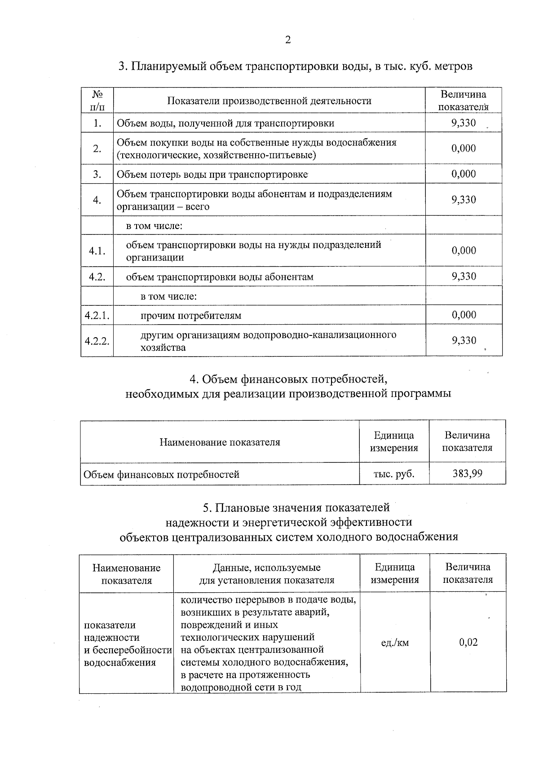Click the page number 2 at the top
click(x=288, y=40)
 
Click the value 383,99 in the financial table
click(x=467, y=473)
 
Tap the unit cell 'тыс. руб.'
click(x=394, y=474)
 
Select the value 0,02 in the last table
click(x=468, y=642)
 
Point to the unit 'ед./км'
click(x=395, y=643)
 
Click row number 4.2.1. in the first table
click(x=97, y=315)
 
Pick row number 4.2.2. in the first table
click(x=97, y=341)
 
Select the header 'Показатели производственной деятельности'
click(x=269, y=101)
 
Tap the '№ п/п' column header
click(x=97, y=101)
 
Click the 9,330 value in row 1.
click(x=464, y=123)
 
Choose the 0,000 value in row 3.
click(x=464, y=174)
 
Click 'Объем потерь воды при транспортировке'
click(x=212, y=175)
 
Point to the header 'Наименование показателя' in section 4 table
click(x=220, y=442)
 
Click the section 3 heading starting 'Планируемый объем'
click(x=295, y=66)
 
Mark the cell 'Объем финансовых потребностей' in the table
click(x=162, y=474)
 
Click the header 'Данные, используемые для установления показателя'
click(x=266, y=573)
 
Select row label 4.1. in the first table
click(x=97, y=251)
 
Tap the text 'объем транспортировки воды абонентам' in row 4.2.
click(x=220, y=277)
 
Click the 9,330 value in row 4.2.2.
click(x=464, y=341)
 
